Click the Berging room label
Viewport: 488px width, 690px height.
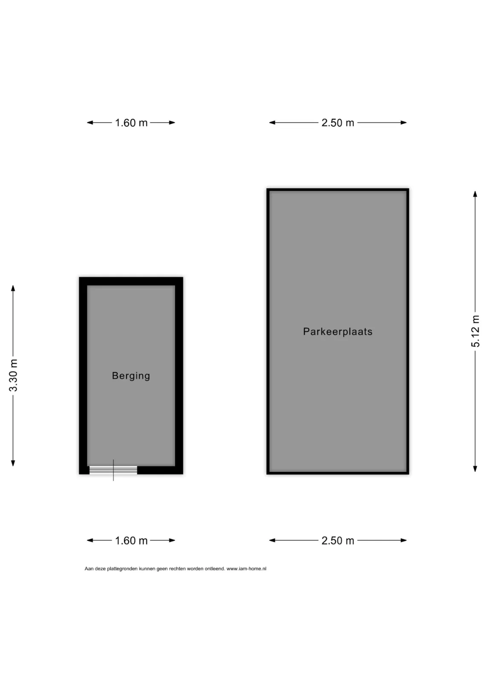pyautogui.click(x=131, y=376)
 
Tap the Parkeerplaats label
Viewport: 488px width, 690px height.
pyautogui.click(x=338, y=331)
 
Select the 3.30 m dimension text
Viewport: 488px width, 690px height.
pyautogui.click(x=13, y=375)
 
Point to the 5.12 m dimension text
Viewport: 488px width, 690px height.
pyautogui.click(x=475, y=331)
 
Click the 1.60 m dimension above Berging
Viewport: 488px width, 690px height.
pyautogui.click(x=131, y=123)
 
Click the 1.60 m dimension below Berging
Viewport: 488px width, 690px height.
pyautogui.click(x=131, y=540)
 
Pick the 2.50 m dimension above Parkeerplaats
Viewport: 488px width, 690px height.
pyautogui.click(x=338, y=123)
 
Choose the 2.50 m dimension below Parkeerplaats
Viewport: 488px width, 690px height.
pyautogui.click(x=338, y=540)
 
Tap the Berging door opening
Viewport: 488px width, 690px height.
pyautogui.click(x=113, y=470)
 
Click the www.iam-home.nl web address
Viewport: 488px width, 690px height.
pyautogui.click(x=246, y=569)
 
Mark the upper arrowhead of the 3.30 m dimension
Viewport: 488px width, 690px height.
pyautogui.click(x=13, y=288)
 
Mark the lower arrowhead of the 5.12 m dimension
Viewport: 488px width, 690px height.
pyautogui.click(x=475, y=469)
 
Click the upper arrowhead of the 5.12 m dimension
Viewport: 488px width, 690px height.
pyautogui.click(x=475, y=194)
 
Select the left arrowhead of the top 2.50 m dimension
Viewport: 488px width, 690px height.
pyautogui.click(x=272, y=123)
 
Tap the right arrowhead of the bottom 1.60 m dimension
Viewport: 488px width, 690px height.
pyautogui.click(x=172, y=540)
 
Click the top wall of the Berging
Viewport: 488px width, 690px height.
pyautogui.click(x=131, y=281)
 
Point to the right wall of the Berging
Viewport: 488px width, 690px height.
pyautogui.click(x=179, y=376)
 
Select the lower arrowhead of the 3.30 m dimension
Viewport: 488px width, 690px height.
pyautogui.click(x=13, y=463)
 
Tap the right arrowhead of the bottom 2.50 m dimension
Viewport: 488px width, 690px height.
pyautogui.click(x=404, y=540)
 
